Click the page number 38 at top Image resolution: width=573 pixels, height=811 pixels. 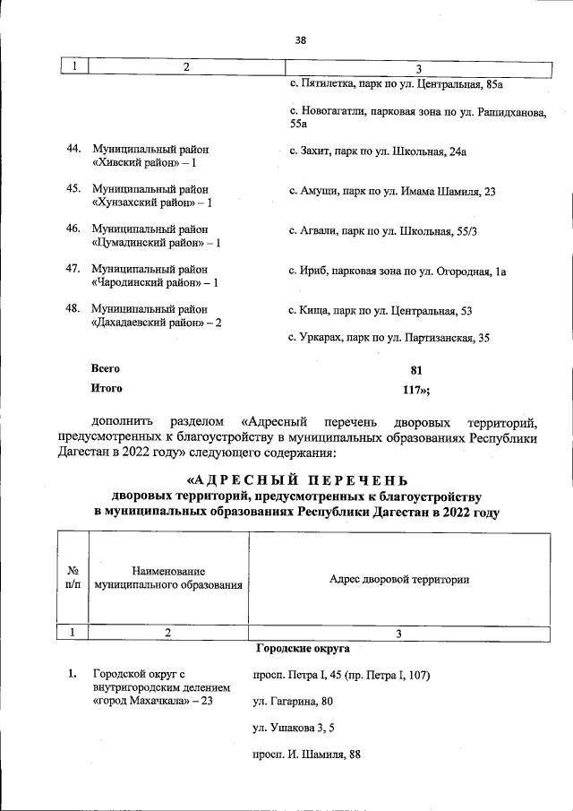coord(300,40)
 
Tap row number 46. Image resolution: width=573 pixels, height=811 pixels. coord(74,229)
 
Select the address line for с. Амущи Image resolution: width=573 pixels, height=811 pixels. coord(392,192)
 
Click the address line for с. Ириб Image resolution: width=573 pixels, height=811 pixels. coord(398,272)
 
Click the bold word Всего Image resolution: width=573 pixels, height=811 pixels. coord(106,368)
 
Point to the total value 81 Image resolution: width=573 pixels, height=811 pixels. coord(415,369)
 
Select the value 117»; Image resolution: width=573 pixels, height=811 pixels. coord(417,389)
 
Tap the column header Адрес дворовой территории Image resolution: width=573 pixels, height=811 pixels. coord(399,580)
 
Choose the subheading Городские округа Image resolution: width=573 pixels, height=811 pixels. coord(303,647)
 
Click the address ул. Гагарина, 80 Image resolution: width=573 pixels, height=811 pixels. coord(293,701)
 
